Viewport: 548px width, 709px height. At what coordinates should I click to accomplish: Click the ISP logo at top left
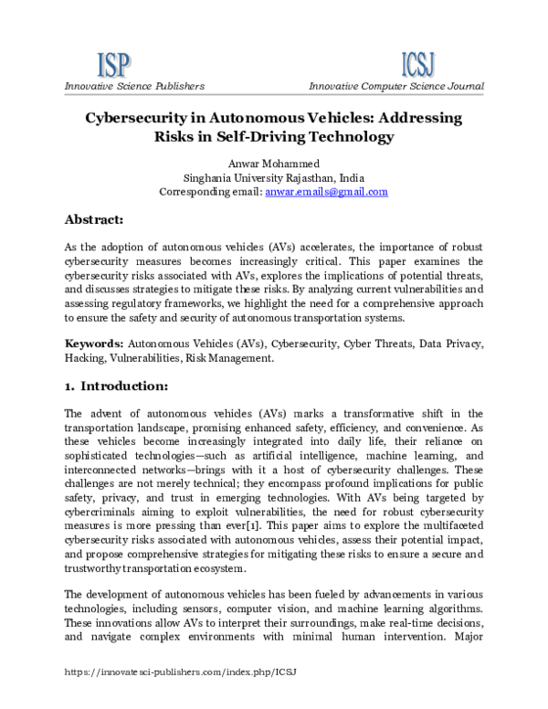pyautogui.click(x=114, y=64)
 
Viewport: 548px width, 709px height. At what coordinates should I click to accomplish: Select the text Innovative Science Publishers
pyautogui.click(x=133, y=86)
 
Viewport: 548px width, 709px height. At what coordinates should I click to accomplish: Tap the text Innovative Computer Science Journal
pyautogui.click(x=395, y=86)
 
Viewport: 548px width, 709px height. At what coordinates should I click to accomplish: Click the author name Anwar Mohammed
pyautogui.click(x=274, y=163)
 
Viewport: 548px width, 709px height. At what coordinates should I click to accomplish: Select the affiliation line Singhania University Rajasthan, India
pyautogui.click(x=274, y=177)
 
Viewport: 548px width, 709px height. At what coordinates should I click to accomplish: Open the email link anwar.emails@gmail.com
pyautogui.click(x=326, y=192)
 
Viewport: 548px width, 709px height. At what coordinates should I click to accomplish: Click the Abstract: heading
pyautogui.click(x=100, y=220)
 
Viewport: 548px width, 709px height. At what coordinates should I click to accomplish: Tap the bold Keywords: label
pyautogui.click(x=94, y=344)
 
